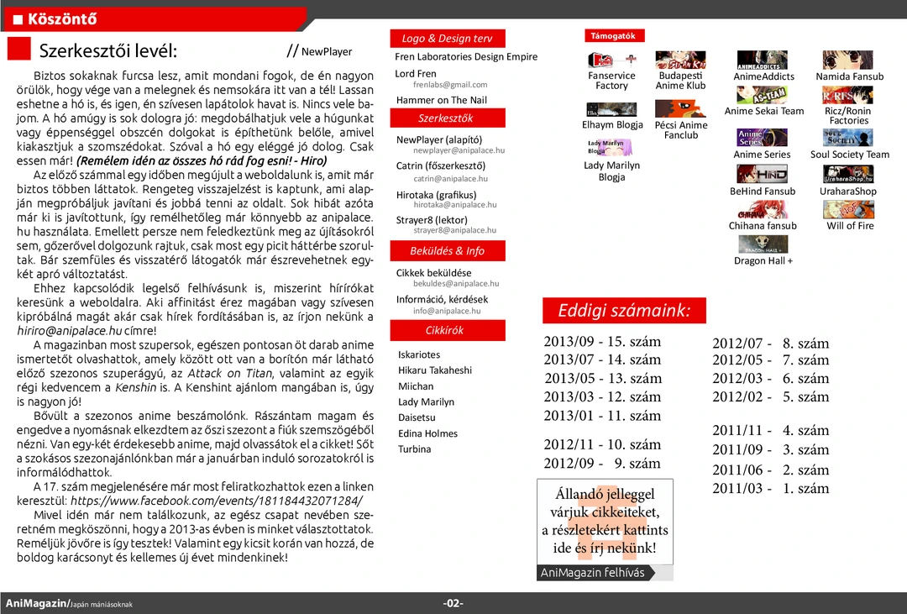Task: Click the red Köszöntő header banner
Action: tap(151, 18)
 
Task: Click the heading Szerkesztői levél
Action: tap(107, 50)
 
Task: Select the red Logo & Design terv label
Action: tap(447, 39)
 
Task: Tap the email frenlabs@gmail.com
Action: tap(450, 85)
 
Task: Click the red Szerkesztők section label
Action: tap(446, 118)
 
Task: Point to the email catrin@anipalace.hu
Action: tap(450, 179)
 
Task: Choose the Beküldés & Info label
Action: tap(447, 251)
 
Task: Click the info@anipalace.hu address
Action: tap(447, 311)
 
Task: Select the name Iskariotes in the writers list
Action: tap(419, 354)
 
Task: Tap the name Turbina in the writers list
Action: tap(415, 449)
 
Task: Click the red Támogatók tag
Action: tap(613, 36)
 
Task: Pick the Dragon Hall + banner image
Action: tap(763, 244)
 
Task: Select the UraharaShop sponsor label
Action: tap(848, 192)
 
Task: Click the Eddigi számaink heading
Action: tap(624, 311)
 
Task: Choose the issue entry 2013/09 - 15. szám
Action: tap(602, 342)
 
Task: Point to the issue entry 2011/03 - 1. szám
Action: tap(770, 489)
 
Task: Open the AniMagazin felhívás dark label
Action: tap(593, 573)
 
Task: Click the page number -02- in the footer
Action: tap(453, 604)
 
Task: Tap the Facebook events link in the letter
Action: tap(223, 501)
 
